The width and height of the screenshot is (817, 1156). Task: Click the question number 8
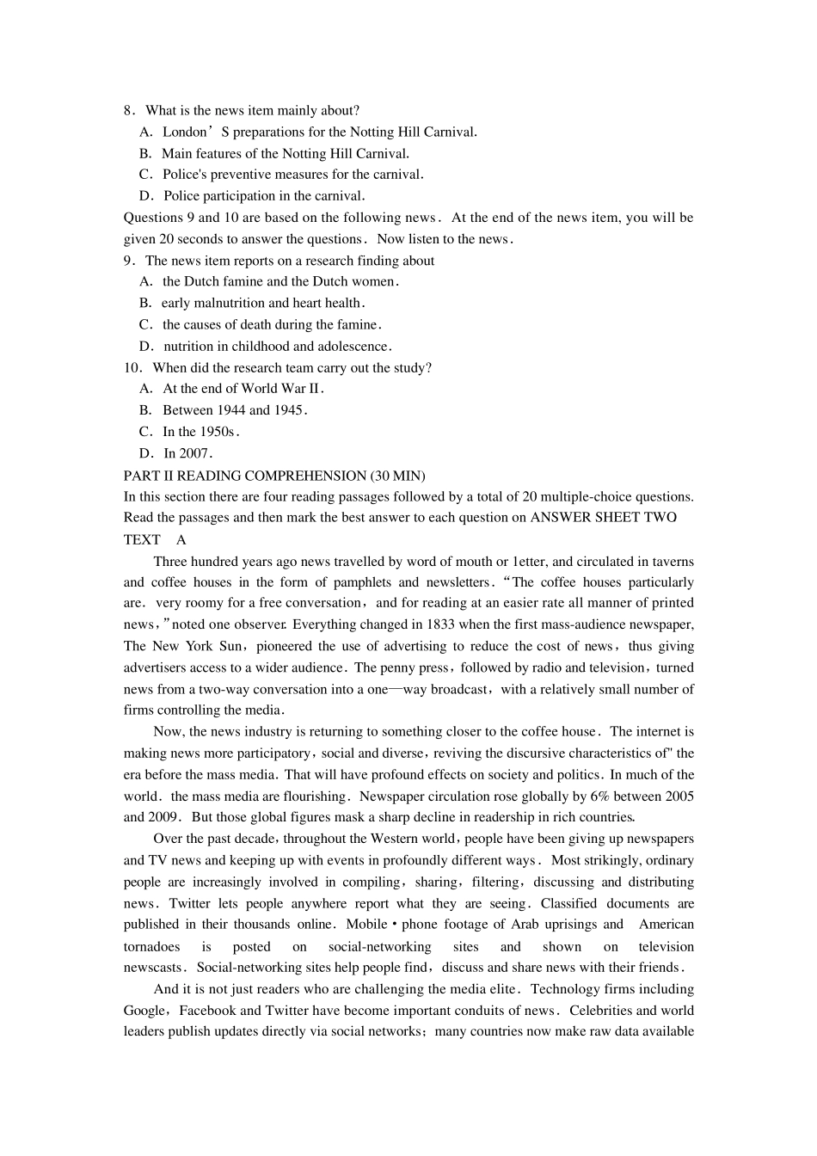pos(128,111)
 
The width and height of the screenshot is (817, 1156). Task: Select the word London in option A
pos(185,132)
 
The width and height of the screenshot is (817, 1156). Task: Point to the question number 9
pos(128,261)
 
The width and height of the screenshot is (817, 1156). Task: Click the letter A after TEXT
pos(181,540)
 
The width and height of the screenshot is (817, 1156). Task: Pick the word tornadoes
pos(152,947)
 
